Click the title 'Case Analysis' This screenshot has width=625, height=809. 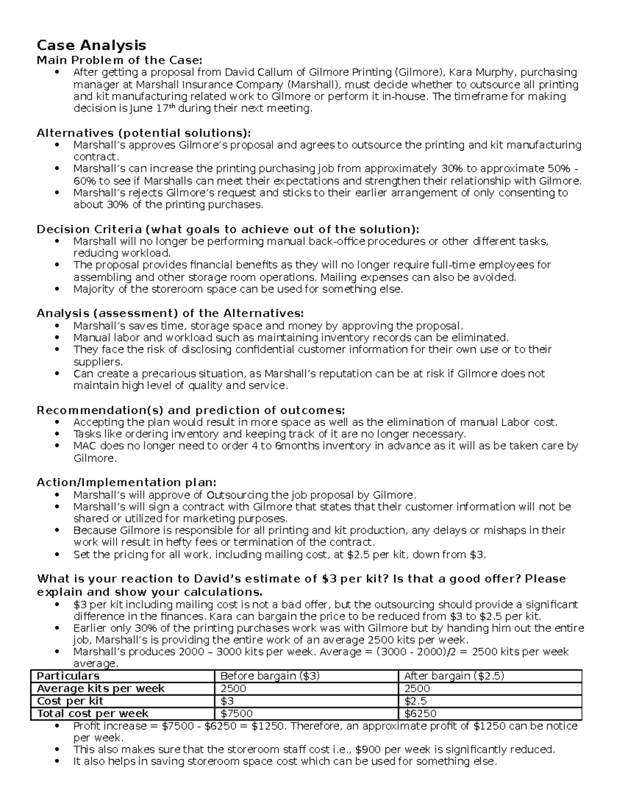(x=91, y=46)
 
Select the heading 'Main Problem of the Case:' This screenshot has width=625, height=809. (x=119, y=59)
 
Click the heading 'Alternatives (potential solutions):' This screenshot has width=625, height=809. (x=143, y=133)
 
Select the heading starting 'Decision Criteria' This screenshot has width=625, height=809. (x=228, y=229)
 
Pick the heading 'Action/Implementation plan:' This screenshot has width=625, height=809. (x=126, y=482)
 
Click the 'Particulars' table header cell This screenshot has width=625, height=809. (x=68, y=676)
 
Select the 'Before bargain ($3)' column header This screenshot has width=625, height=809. (x=270, y=676)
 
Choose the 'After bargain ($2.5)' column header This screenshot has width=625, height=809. (x=454, y=676)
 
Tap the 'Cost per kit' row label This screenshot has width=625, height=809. (x=70, y=701)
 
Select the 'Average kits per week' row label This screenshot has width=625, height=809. (x=101, y=689)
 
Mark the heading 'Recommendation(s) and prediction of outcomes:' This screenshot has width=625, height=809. (x=191, y=410)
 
